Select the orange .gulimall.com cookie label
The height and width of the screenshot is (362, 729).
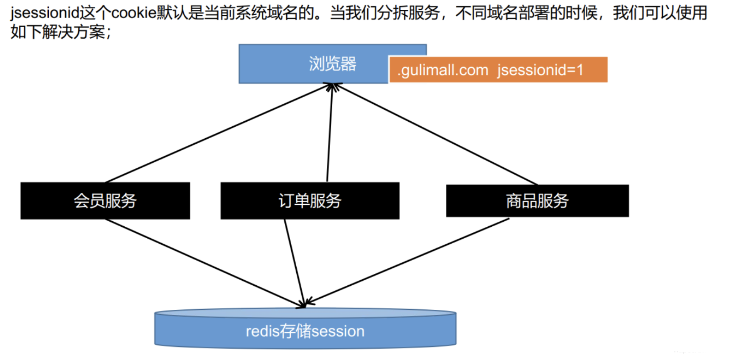pyautogui.click(x=498, y=70)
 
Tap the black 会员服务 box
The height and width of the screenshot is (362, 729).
pyautogui.click(x=105, y=200)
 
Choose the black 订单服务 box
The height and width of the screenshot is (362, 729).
pyautogui.click(x=310, y=200)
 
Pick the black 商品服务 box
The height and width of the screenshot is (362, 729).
pyautogui.click(x=537, y=200)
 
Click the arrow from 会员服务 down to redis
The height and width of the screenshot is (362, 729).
pyautogui.click(x=204, y=263)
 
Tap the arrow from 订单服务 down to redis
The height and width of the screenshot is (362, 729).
pyautogui.click(x=294, y=263)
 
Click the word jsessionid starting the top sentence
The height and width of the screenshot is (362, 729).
pyautogui.click(x=45, y=13)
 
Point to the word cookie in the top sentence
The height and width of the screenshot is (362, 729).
pyautogui.click(x=133, y=13)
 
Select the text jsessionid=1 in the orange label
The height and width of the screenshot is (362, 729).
pyautogui.click(x=540, y=70)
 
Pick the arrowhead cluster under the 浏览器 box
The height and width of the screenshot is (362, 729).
pyautogui.click(x=333, y=87)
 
